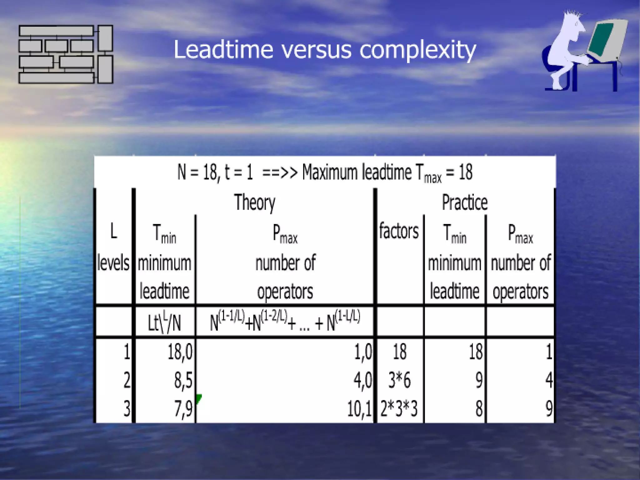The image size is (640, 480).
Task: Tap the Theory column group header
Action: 255,202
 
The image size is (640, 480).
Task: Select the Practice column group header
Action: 465,202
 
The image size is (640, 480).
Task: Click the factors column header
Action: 399,231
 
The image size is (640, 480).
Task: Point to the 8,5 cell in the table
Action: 183,380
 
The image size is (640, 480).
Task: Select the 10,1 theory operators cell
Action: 359,408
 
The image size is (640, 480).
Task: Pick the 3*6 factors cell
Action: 399,380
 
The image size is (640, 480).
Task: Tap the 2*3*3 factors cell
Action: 399,408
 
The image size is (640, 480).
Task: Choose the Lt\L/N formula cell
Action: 164,322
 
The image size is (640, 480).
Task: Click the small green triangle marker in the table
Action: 198,398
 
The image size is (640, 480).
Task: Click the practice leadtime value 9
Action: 478,380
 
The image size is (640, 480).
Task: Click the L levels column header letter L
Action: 114,231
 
